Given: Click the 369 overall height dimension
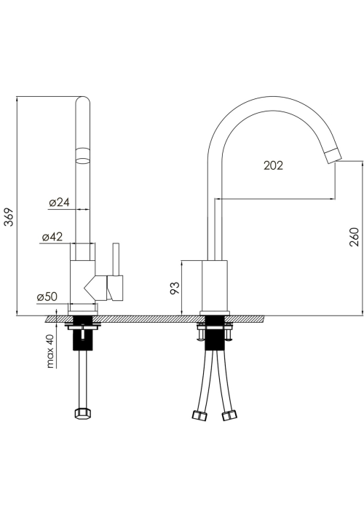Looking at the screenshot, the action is pyautogui.click(x=9, y=216).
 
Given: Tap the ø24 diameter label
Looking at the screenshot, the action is pyautogui.click(x=60, y=203).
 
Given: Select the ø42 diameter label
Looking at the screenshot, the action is pyautogui.click(x=52, y=237).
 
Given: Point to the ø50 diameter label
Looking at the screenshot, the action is pyautogui.click(x=47, y=297).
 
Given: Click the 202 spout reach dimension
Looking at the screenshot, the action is pyautogui.click(x=273, y=165).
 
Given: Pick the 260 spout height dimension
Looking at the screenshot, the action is pyautogui.click(x=355, y=237).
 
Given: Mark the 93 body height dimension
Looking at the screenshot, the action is pyautogui.click(x=175, y=288).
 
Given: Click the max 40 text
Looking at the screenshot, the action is pyautogui.click(x=50, y=352).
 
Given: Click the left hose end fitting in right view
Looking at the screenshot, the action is pyautogui.click(x=199, y=415).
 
